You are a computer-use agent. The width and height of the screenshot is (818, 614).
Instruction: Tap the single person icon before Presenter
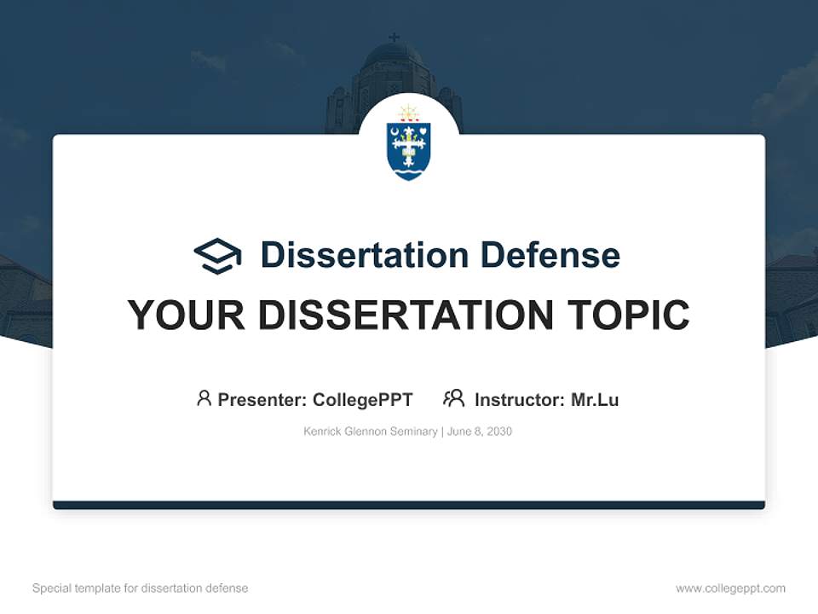204,398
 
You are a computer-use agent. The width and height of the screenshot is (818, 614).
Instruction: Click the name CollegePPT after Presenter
363,399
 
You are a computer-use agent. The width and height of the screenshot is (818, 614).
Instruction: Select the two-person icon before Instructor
454,398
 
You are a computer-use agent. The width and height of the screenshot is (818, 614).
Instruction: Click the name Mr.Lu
595,399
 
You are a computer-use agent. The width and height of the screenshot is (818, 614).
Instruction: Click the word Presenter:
262,399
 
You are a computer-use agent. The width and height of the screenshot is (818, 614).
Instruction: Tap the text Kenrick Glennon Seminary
370,432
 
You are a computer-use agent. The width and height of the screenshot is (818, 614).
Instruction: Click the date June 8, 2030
480,432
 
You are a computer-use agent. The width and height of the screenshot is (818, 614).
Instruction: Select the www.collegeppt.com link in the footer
730,588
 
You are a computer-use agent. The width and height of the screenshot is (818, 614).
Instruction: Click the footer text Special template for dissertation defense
141,588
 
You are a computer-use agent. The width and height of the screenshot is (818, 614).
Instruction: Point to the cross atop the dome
394,38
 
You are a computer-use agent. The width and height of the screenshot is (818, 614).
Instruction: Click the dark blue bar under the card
409,505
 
